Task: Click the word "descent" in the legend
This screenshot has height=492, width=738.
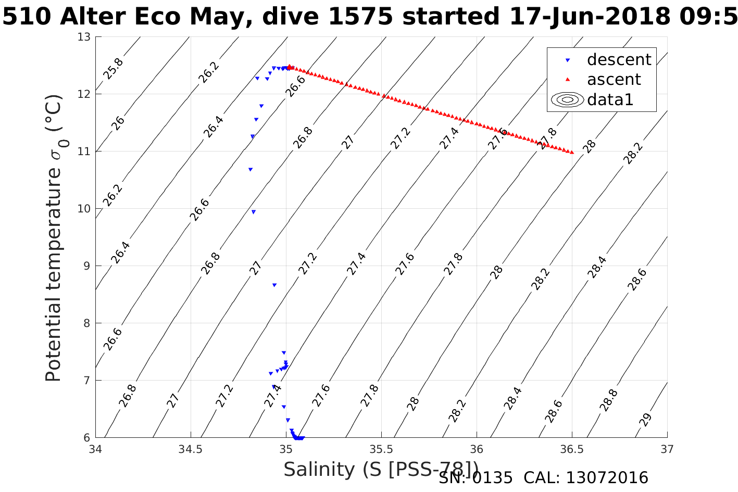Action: point(619,60)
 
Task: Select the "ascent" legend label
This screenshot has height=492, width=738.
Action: point(614,80)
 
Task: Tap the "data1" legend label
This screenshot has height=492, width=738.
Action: point(610,99)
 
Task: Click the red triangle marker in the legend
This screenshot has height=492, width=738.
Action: point(568,80)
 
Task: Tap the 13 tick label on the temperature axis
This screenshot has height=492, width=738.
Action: point(84,37)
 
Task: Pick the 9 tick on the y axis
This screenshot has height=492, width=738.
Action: point(87,266)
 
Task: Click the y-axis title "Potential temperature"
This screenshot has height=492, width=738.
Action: point(53,271)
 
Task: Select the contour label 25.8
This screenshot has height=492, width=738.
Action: point(113,69)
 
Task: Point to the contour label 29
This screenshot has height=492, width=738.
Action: point(645,420)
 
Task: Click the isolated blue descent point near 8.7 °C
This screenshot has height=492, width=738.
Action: point(274,285)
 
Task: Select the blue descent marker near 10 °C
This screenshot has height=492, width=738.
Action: point(254,212)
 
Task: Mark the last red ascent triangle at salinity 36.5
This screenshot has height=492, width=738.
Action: point(572,152)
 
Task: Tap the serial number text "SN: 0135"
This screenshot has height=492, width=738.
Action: point(476,478)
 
